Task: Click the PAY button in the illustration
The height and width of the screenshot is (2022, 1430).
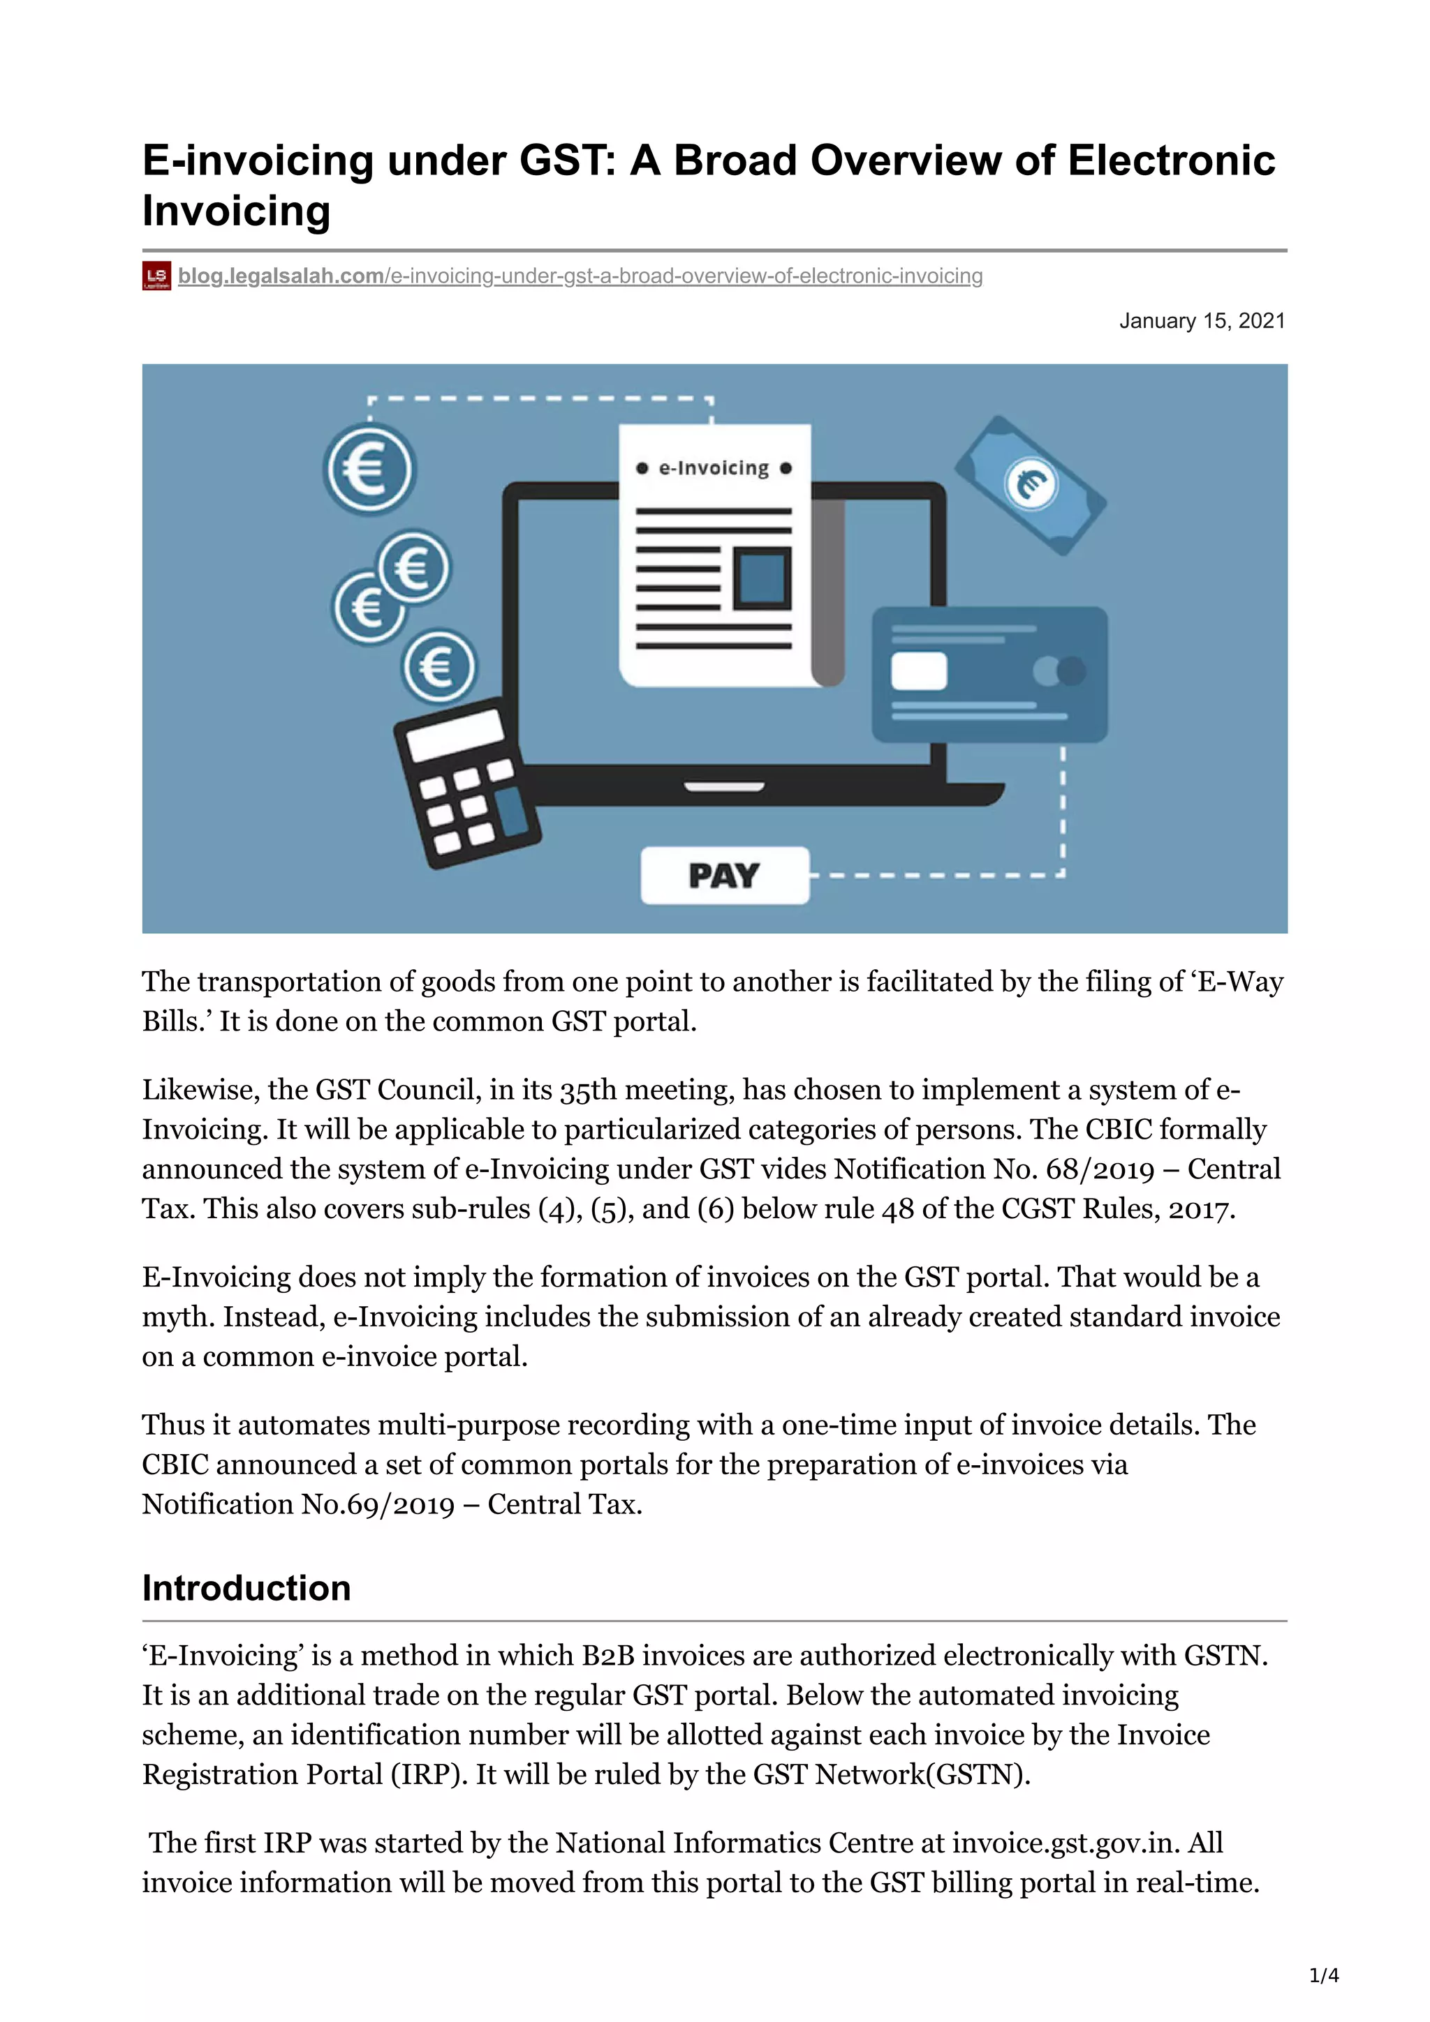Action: pyautogui.click(x=724, y=876)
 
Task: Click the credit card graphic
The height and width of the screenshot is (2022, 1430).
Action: pyautogui.click(x=989, y=674)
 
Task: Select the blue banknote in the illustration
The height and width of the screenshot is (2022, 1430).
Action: pyautogui.click(x=1031, y=485)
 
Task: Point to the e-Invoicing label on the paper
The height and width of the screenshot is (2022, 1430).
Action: pyautogui.click(x=714, y=468)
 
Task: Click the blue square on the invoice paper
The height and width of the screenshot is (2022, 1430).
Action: pyautogui.click(x=762, y=578)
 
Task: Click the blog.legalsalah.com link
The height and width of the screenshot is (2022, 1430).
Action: pyautogui.click(x=280, y=276)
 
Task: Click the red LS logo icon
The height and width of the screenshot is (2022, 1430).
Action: pyautogui.click(x=156, y=276)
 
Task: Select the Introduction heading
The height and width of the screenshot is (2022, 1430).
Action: pyautogui.click(x=246, y=1588)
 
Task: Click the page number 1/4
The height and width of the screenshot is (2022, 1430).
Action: pyautogui.click(x=1323, y=1975)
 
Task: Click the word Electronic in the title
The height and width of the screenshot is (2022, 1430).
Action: pyautogui.click(x=1171, y=161)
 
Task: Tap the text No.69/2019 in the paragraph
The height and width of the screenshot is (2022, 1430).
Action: pyautogui.click(x=378, y=1504)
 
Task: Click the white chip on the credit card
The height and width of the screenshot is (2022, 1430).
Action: pyautogui.click(x=918, y=671)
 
